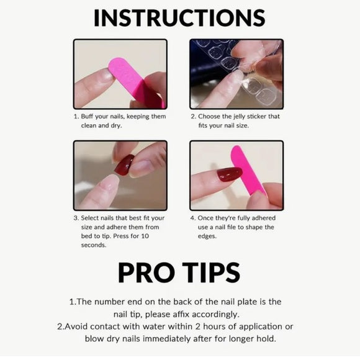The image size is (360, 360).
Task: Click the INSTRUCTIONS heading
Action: [x=179, y=18]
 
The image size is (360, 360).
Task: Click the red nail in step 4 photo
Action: [x=229, y=174]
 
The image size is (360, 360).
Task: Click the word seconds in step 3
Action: [x=94, y=245]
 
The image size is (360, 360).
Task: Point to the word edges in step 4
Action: [x=207, y=236]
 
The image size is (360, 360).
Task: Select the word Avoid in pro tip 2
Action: [x=78, y=326]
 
